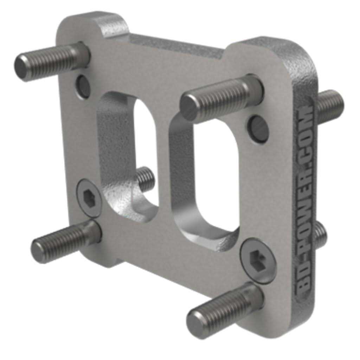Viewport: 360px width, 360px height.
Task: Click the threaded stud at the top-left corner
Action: [49, 62]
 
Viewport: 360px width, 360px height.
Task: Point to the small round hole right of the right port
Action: [258, 128]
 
